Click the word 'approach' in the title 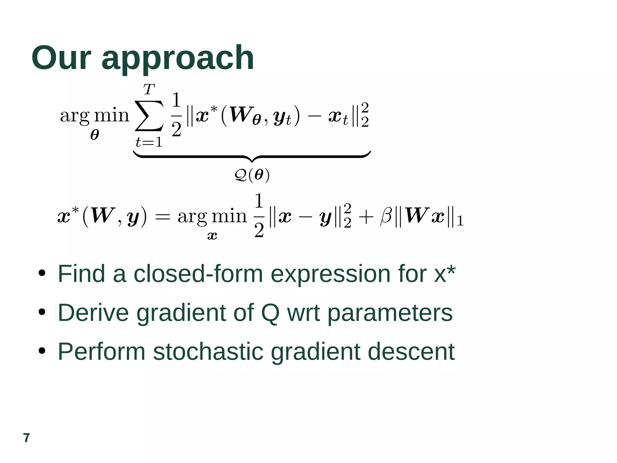[178, 59]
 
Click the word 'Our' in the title [61, 58]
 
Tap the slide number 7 [27, 438]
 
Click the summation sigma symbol [149, 116]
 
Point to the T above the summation [149, 89]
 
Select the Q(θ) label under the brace [252, 175]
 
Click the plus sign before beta [366, 217]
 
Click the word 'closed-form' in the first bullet [198, 274]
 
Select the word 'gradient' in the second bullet [180, 313]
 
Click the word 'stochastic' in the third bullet [208, 352]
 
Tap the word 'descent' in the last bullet [411, 352]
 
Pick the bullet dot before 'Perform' [42, 351]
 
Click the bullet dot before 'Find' [42, 273]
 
